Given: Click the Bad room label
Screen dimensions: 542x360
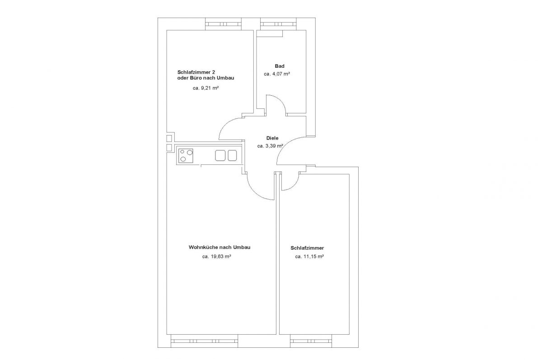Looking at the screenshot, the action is [280, 66].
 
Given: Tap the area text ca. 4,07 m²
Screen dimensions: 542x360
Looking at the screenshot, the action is [277, 74].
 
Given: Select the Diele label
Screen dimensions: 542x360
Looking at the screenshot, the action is [272, 138].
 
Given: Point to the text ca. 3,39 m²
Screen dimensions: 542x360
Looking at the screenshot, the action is [270, 146].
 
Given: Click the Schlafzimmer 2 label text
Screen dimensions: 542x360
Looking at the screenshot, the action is [196, 72].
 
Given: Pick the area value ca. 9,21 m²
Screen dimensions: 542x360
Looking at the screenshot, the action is [206, 88].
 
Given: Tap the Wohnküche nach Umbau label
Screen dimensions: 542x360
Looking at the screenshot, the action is [220, 247].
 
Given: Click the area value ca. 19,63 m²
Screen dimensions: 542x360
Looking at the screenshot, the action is [216, 257].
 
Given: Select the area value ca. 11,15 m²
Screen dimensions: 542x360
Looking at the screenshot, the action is [309, 257].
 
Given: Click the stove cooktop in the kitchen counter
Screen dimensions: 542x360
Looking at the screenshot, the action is [186, 155].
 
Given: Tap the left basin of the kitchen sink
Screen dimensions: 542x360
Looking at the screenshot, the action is [220, 155].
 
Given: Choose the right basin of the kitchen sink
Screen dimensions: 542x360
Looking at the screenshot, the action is [232, 155].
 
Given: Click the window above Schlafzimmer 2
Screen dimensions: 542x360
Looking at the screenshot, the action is [223, 24].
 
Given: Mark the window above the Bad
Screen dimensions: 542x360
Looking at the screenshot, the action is [279, 24].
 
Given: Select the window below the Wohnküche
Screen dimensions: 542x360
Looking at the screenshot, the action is [204, 341].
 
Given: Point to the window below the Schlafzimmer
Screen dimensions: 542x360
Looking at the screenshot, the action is [311, 341].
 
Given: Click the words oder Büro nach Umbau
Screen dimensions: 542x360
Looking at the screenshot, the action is [206, 78].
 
